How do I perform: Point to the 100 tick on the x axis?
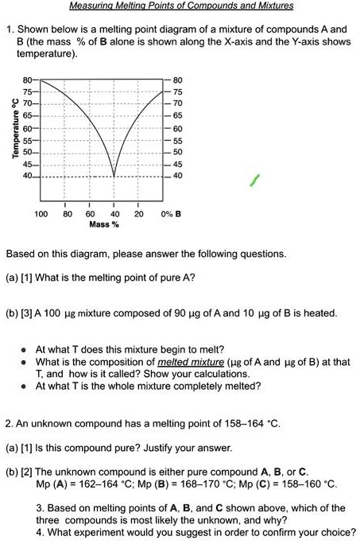click(x=41, y=214)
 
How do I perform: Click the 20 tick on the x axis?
click(x=138, y=214)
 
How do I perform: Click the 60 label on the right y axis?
click(x=176, y=127)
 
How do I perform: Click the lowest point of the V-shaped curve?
click(x=114, y=176)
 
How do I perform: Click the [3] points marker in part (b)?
click(x=30, y=313)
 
